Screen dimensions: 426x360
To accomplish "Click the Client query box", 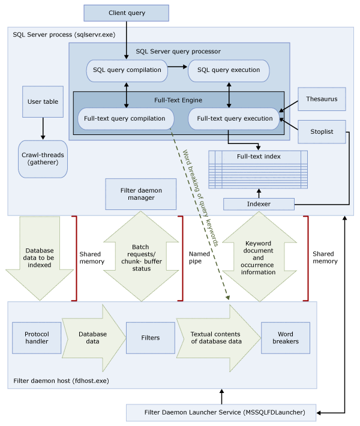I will [x=127, y=13].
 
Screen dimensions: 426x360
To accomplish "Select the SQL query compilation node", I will [x=127, y=70].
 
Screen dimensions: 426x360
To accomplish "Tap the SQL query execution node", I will [x=229, y=70].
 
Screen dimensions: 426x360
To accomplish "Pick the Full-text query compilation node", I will [x=124, y=119].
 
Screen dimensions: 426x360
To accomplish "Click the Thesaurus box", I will [x=322, y=99].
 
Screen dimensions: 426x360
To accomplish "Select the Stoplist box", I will [x=322, y=131].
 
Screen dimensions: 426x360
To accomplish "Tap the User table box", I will [x=43, y=102].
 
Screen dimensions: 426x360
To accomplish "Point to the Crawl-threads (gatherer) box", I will [x=43, y=159].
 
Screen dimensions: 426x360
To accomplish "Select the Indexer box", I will [x=259, y=205].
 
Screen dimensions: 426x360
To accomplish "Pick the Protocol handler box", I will [x=37, y=338].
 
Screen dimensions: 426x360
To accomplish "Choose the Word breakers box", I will [x=286, y=338].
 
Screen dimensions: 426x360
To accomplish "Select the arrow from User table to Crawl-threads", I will [x=43, y=128].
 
